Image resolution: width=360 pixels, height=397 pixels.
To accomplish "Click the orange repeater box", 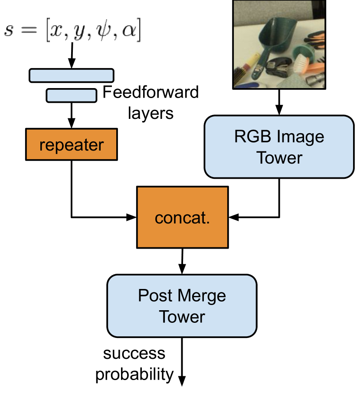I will coord(72,144).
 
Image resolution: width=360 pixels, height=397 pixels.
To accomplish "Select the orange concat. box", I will coord(182,217).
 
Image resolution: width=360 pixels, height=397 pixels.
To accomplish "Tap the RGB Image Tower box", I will coord(279,147).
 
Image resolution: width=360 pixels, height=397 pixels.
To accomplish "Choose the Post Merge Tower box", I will coord(182,306).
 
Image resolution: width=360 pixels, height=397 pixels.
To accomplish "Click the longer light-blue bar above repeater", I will coord(72,75).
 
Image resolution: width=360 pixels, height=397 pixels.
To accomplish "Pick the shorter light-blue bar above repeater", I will coord(72,95).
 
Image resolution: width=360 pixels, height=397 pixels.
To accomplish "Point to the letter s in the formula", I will coord(9,32).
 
